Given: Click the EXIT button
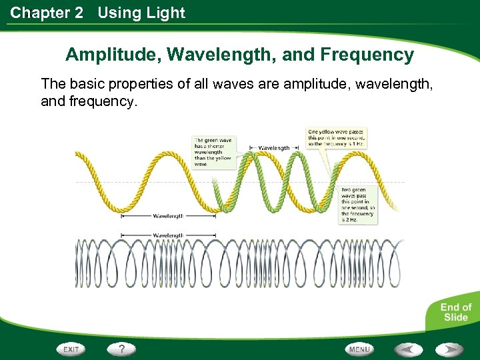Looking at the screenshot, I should click(72, 349).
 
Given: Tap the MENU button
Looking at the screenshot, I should click(359, 349).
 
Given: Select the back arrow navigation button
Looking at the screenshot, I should click(408, 349).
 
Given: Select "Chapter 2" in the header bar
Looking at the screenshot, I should click(47, 13).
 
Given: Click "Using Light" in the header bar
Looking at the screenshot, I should click(141, 13).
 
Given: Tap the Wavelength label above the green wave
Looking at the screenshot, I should click(273, 147).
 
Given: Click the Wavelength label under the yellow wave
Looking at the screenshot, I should click(169, 216).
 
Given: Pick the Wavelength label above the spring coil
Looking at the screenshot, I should click(169, 235).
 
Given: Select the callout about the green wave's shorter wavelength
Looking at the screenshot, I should click(213, 152).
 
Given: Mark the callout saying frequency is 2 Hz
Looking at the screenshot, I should click(358, 205).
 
